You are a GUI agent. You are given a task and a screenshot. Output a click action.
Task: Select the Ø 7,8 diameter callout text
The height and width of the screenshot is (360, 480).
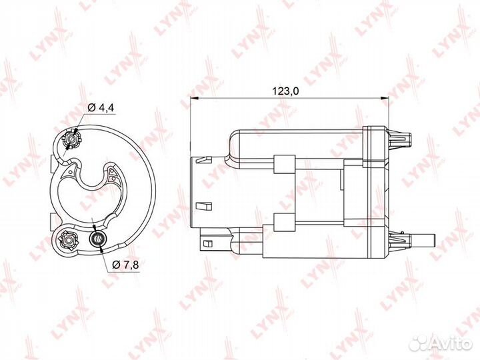[x=123, y=265]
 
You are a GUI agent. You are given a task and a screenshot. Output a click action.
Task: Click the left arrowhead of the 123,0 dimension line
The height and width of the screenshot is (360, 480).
[x=194, y=99]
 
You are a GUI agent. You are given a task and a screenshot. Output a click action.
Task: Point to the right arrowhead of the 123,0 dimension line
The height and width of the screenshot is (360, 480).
[x=385, y=99]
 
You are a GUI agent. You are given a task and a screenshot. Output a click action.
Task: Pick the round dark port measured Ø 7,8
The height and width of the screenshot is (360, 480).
[x=97, y=238]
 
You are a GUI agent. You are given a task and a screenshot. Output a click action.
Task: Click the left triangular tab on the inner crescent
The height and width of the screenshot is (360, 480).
[x=70, y=175]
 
